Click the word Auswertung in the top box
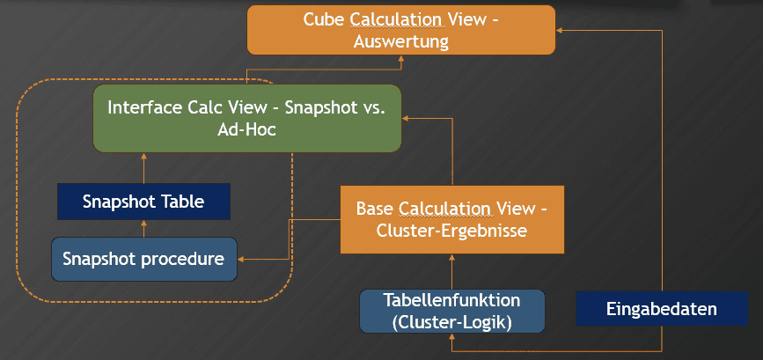point(400,41)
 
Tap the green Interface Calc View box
point(247,118)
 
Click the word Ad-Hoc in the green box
point(246,130)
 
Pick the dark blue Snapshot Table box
point(143,202)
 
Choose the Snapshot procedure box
point(144,259)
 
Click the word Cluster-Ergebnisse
point(451,230)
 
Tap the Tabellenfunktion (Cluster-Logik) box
point(452,312)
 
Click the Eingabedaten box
point(662,308)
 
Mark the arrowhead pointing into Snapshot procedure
point(241,260)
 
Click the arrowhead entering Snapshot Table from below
point(144,224)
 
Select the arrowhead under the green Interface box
point(144,156)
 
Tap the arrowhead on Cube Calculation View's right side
point(559,30)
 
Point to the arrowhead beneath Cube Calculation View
point(401,58)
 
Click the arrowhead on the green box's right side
point(406,118)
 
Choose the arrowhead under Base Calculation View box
point(452,257)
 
